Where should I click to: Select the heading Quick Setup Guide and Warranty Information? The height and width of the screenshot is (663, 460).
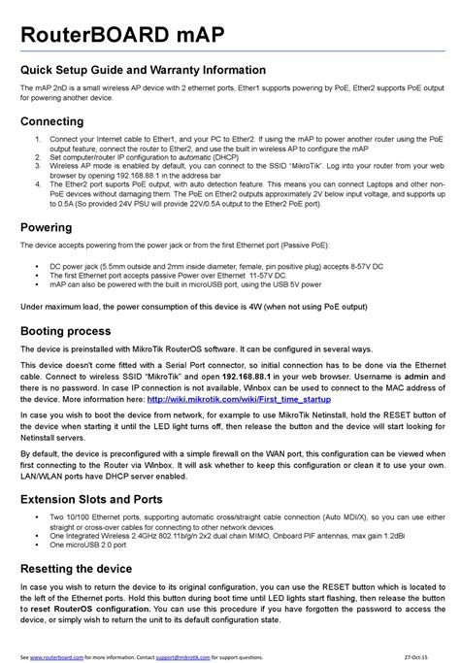(143, 71)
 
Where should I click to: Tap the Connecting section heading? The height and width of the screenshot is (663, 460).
(55, 121)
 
